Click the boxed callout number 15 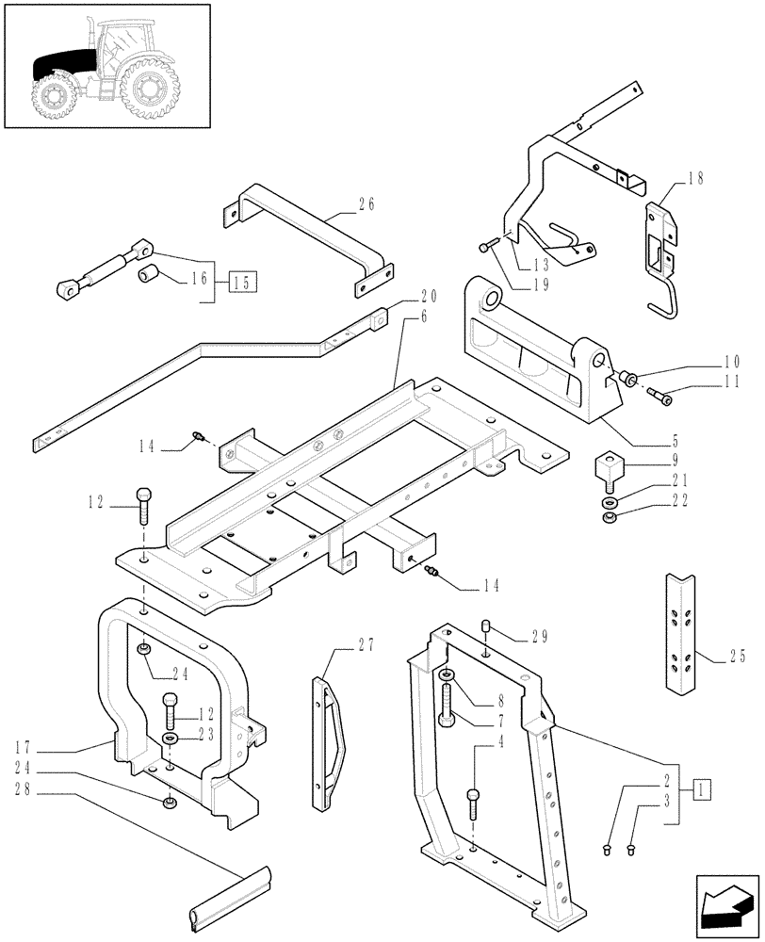pyautogui.click(x=240, y=281)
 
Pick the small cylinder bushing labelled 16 pyautogui.click(x=147, y=277)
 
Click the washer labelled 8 pyautogui.click(x=446, y=675)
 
